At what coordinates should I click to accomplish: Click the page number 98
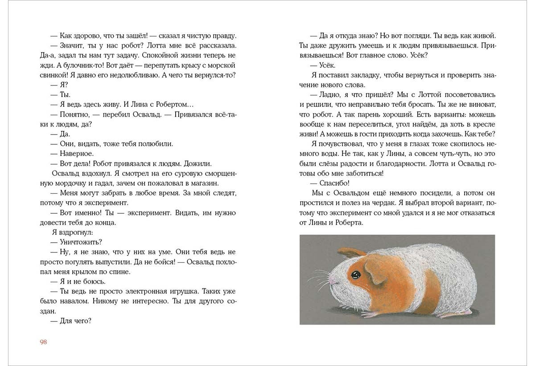pyautogui.click(x=43, y=342)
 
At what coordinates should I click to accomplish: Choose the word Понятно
pyautogui.click(x=74, y=114)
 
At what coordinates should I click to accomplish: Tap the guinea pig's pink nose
pyautogui.click(x=330, y=281)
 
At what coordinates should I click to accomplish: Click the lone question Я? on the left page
pyautogui.click(x=63, y=85)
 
